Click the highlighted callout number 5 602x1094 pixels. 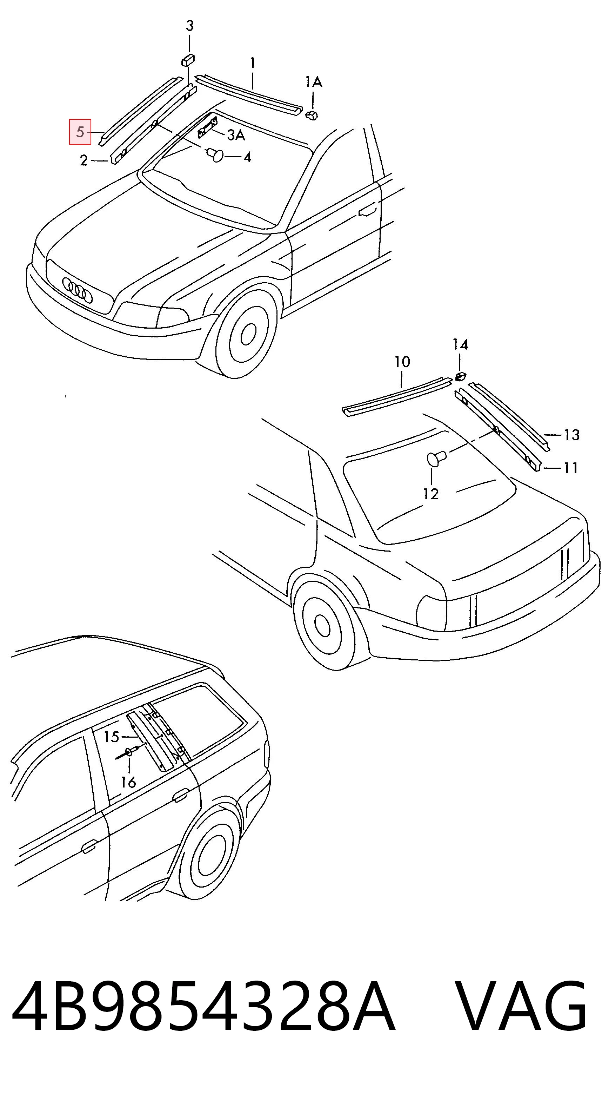point(80,132)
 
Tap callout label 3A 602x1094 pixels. point(236,136)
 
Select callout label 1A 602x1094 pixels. point(314,82)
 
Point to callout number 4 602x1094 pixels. point(247,157)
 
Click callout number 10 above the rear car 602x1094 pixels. point(402,362)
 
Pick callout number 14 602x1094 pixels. point(460,344)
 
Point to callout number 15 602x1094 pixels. point(112,737)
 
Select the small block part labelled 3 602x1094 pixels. point(188,60)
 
